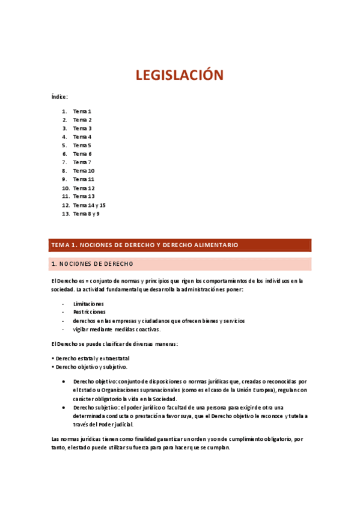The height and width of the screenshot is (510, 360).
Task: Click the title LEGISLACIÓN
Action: click(179, 75)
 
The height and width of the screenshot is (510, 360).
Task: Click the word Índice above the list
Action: click(59, 97)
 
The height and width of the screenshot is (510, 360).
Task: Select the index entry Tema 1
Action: click(82, 112)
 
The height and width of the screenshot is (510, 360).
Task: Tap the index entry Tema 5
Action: click(82, 146)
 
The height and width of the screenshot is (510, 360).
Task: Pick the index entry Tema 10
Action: click(84, 171)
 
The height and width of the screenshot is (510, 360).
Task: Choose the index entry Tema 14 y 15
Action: click(89, 205)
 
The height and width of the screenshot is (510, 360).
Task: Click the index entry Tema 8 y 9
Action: click(87, 214)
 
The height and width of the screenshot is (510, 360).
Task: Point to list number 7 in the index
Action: click(64, 162)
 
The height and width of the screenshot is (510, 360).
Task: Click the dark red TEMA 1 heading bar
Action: click(180, 245)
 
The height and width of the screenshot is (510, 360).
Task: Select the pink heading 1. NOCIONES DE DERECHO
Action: click(93, 264)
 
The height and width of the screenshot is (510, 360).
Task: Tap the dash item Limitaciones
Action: click(88, 304)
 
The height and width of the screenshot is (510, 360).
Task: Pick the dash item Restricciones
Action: click(89, 312)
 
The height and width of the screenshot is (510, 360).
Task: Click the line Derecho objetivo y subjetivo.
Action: click(91, 367)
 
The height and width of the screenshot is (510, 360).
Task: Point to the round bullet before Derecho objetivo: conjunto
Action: click(64, 381)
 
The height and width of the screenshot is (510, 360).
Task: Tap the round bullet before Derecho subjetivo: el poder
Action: click(64, 407)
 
